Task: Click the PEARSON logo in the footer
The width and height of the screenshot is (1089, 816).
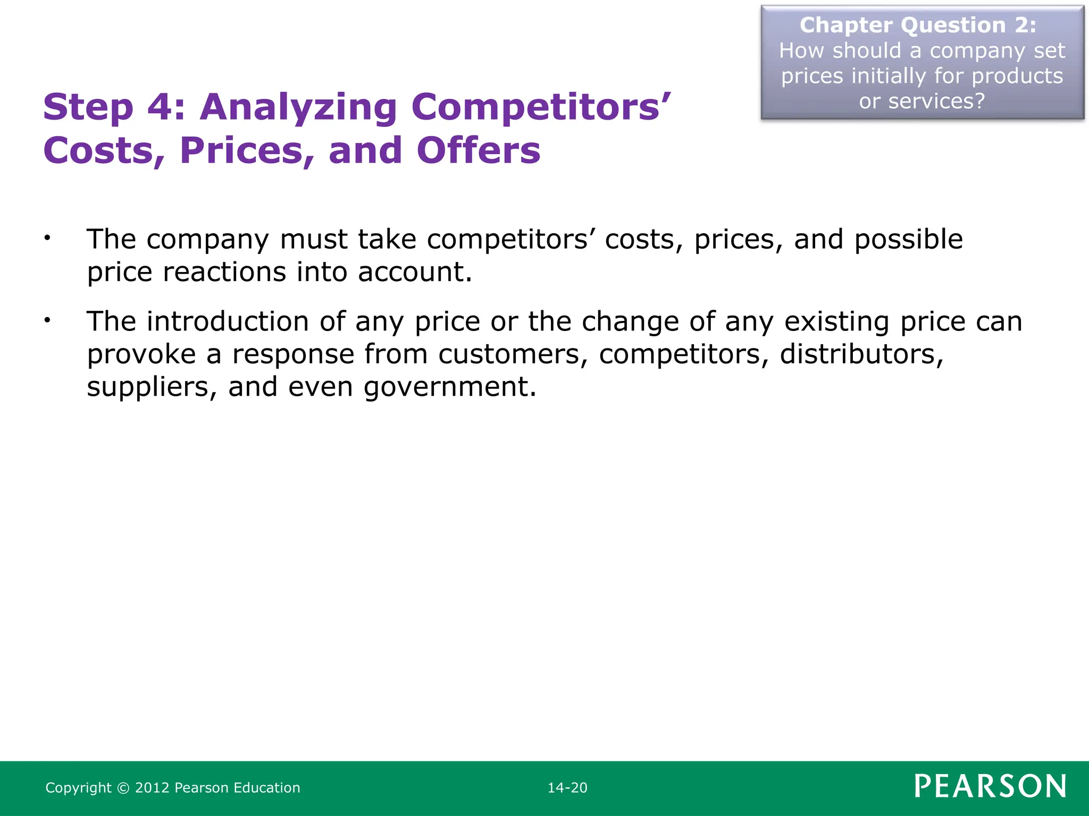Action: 990,786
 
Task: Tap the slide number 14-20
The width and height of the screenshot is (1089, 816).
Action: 567,788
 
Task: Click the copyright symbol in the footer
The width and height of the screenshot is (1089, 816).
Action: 123,788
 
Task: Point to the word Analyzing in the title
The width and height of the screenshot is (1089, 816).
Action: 298,108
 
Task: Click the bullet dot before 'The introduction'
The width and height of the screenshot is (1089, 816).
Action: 47,320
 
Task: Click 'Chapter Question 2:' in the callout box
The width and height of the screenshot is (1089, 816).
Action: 918,25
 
